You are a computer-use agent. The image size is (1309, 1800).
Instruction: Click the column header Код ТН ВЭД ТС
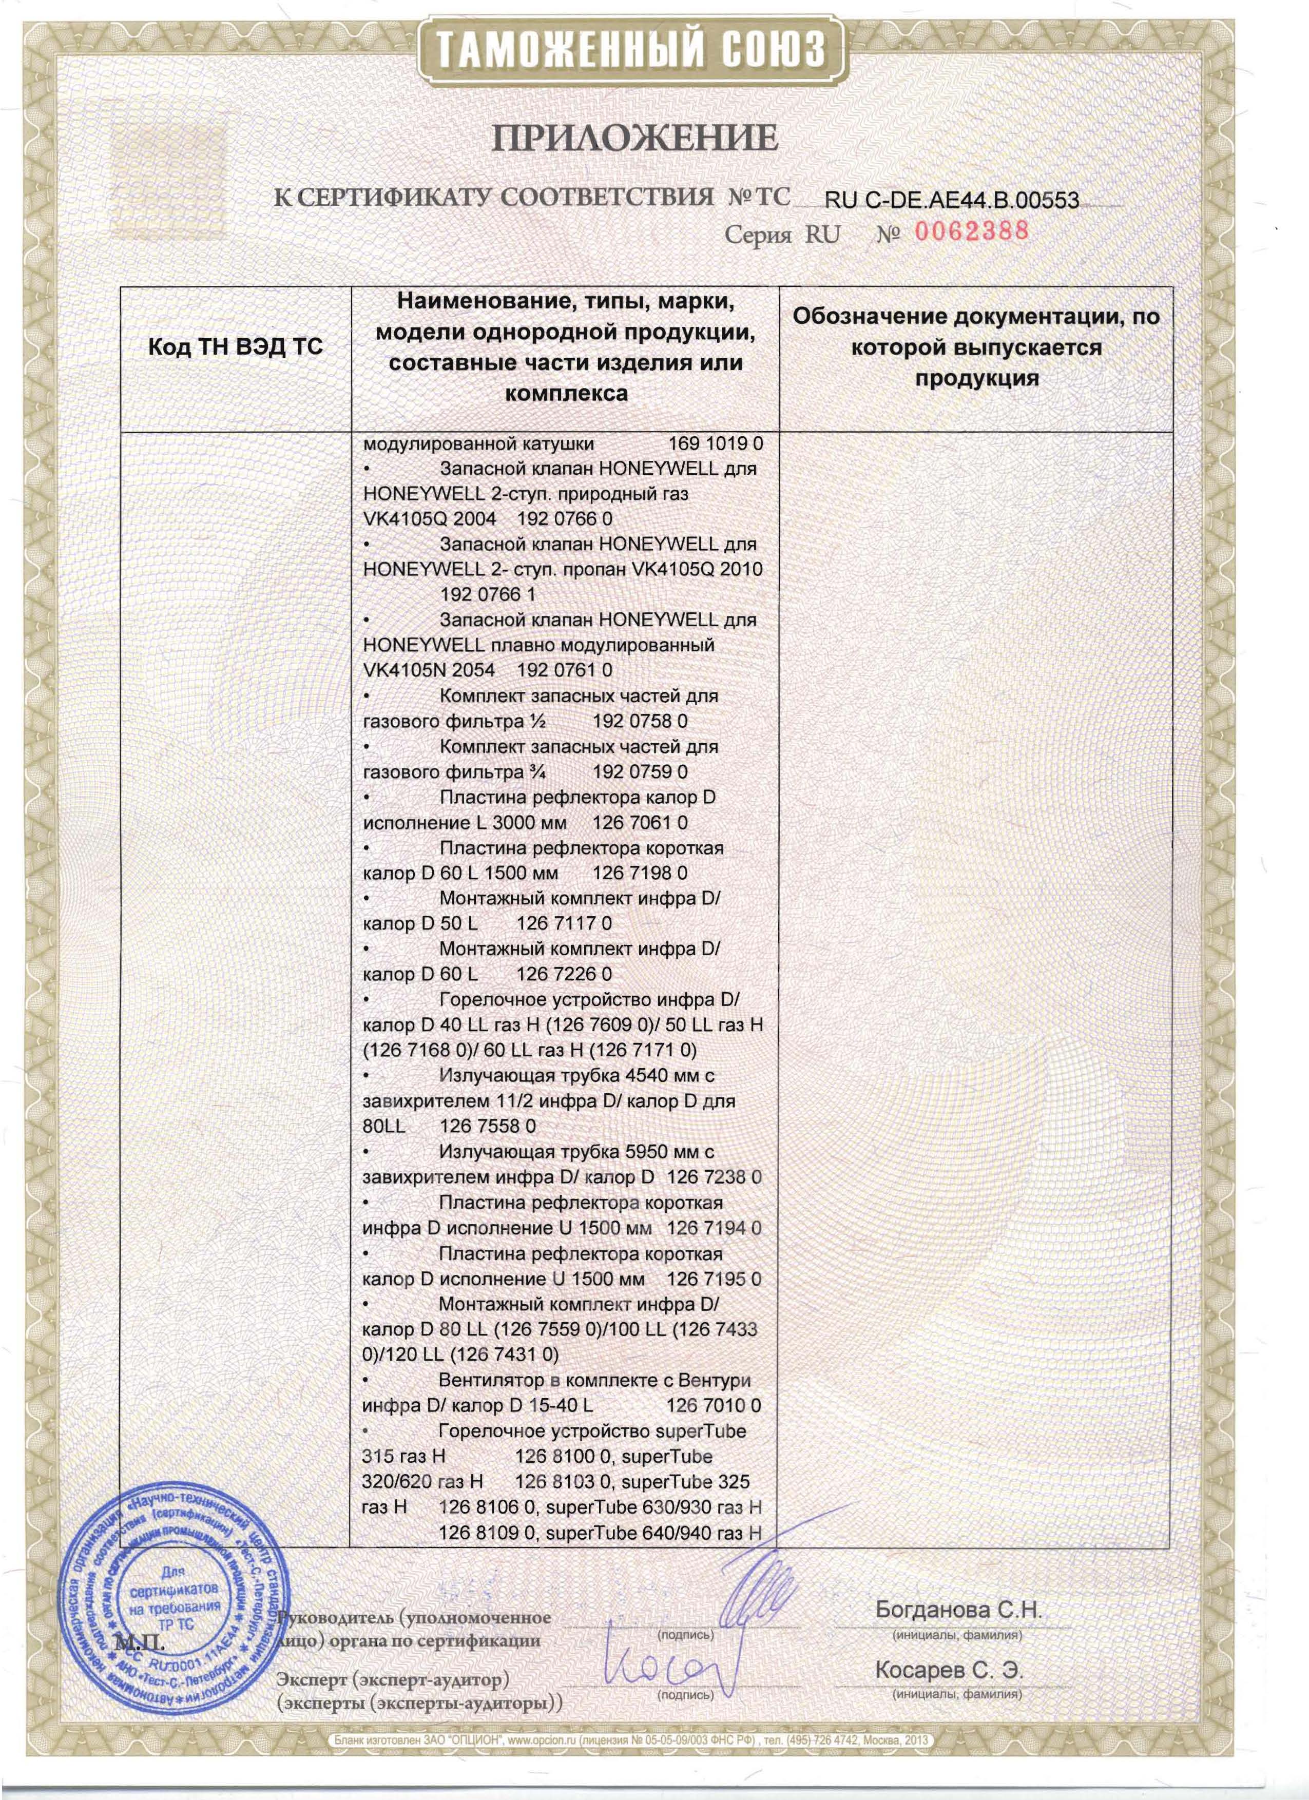click(236, 347)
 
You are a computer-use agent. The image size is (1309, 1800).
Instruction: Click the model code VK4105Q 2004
click(429, 519)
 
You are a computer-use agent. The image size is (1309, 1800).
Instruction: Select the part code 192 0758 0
click(640, 722)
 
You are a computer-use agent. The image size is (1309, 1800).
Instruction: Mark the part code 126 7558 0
click(487, 1126)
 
